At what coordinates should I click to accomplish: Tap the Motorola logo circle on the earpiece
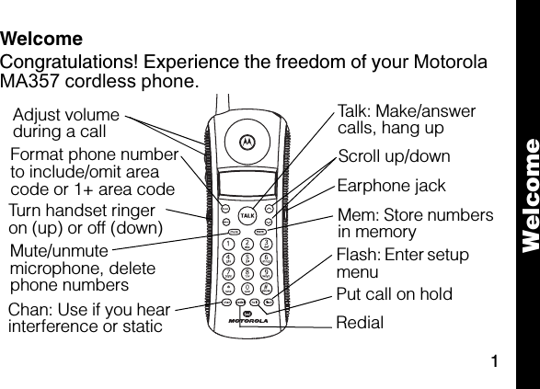pos(246,142)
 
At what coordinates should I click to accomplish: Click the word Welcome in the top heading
pos(41,40)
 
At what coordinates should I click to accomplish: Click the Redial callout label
pos(360,323)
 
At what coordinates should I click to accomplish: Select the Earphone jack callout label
pos(391,186)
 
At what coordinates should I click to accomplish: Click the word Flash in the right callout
pos(357,254)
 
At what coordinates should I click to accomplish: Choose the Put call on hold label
pos(394,294)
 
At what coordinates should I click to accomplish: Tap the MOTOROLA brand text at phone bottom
pos(244,322)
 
